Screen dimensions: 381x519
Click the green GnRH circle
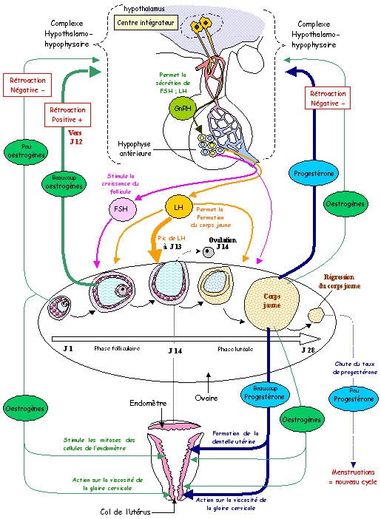pos(183,108)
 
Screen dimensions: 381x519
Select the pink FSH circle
pos(122,209)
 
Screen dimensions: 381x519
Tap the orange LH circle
pos(179,207)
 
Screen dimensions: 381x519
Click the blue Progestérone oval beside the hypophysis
pos(314,174)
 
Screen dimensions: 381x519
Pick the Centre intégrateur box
pos(146,23)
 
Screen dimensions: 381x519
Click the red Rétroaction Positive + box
pos(67,115)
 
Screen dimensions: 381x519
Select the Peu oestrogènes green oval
pos(26,152)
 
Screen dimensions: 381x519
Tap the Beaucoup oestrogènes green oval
pos(64,183)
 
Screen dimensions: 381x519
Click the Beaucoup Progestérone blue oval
pos(265,393)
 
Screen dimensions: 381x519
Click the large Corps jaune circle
pos(272,304)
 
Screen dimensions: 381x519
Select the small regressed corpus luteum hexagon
pos(316,315)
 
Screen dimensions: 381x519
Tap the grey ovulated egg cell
pos(209,252)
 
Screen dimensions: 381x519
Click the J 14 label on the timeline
pos(175,351)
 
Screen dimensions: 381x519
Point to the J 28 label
pos(308,350)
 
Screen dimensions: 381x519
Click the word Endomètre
pos(148,403)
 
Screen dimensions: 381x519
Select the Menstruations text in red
pos(353,472)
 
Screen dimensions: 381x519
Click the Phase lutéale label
pos(235,349)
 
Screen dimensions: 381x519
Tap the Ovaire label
pos(206,398)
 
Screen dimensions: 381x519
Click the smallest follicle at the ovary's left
pos(59,308)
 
